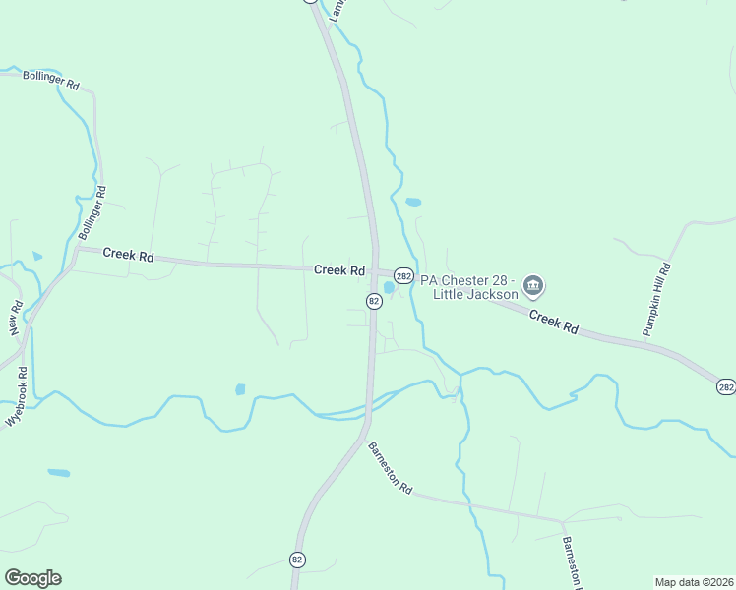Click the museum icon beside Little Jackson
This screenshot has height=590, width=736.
point(534,286)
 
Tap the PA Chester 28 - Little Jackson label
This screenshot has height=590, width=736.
point(469,286)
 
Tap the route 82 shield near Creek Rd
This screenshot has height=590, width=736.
point(374,301)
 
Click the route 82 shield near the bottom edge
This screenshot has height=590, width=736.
point(297,560)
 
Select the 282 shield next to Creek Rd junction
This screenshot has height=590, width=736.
point(403,276)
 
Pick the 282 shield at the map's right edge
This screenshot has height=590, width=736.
point(725,387)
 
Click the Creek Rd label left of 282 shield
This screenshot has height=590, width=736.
point(339,270)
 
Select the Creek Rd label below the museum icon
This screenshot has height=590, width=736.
point(554,321)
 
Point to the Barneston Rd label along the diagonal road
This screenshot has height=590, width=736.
point(391,468)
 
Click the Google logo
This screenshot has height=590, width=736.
point(32,578)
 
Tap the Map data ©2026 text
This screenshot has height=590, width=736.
point(694,582)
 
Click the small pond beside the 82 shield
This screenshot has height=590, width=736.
point(389,288)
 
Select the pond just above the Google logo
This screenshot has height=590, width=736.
point(59,473)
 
